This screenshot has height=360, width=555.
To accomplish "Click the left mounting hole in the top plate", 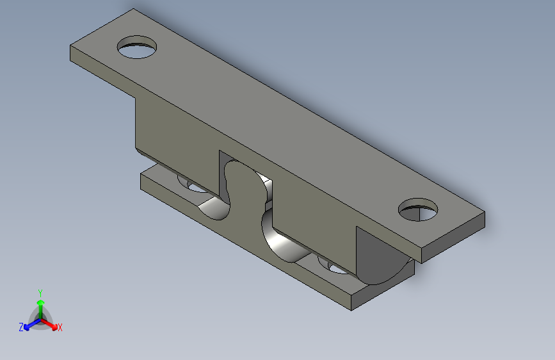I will click(138, 47).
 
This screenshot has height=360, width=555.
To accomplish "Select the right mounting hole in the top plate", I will click(418, 210).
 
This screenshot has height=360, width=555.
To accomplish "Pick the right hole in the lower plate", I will click(333, 264).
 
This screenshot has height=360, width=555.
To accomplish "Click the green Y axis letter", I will click(40, 292).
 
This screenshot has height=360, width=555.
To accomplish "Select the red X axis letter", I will click(60, 327).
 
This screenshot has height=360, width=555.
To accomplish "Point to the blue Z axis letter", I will click(21, 327).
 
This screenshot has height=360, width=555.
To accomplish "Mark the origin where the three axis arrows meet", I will click(40, 318).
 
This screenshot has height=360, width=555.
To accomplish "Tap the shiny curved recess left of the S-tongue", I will click(214, 208).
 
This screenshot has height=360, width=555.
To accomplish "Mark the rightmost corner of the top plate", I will click(485, 213).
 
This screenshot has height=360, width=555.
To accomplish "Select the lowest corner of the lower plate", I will click(351, 311).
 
